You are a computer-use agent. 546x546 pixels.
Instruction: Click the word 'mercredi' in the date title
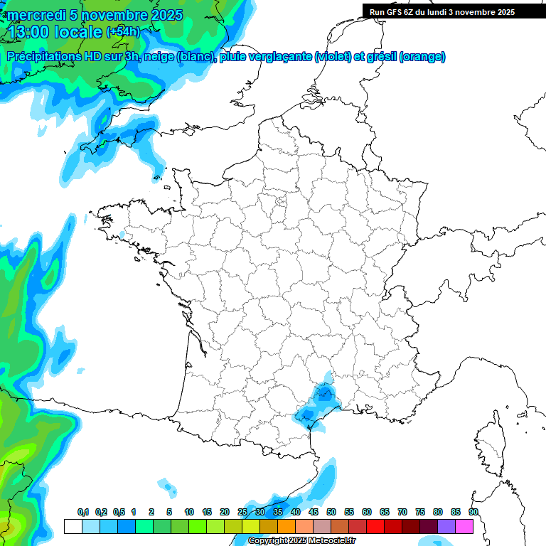click(33, 15)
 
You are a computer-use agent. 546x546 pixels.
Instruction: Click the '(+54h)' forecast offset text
click(124, 32)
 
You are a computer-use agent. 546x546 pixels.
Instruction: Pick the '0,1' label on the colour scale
click(83, 512)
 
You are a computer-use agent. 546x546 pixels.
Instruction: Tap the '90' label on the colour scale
click(473, 512)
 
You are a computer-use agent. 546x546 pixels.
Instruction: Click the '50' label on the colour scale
click(331, 512)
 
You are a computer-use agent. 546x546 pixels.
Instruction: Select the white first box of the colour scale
click(73, 526)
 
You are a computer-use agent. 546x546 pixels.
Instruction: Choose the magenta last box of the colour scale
click(464, 526)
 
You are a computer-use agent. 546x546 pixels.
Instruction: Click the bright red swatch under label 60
click(375, 526)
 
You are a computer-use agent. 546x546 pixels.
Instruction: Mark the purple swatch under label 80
click(446, 526)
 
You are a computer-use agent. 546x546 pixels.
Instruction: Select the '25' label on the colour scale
click(242, 512)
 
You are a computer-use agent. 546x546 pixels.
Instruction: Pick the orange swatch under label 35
click(287, 526)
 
